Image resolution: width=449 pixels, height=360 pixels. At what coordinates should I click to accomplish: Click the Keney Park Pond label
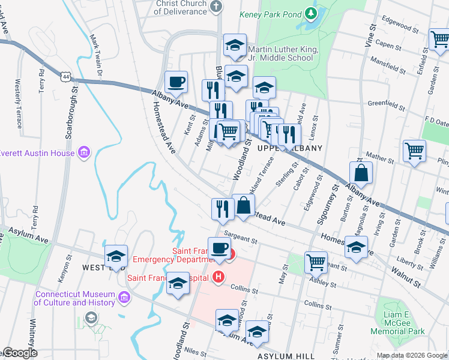(270, 13)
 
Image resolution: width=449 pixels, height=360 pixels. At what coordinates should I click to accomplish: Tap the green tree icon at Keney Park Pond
(310, 13)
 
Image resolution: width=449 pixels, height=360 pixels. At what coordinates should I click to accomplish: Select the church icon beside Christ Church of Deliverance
(216, 5)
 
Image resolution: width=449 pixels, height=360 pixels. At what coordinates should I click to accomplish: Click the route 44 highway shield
(65, 76)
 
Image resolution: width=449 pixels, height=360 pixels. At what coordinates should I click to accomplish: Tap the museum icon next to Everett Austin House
(83, 152)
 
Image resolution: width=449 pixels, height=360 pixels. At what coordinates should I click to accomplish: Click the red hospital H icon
(218, 277)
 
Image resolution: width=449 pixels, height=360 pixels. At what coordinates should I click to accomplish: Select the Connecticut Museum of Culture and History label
(74, 298)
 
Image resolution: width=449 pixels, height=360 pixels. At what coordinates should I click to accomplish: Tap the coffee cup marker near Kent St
(176, 82)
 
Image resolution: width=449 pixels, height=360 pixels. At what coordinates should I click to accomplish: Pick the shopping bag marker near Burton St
(363, 173)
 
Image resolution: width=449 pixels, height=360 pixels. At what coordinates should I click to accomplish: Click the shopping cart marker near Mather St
(414, 151)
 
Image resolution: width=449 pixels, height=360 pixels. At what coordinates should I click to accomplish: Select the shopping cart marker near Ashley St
(315, 262)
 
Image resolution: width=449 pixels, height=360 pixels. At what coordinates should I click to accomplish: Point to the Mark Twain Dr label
(96, 58)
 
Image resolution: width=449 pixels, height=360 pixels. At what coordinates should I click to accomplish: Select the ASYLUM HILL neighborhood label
(286, 356)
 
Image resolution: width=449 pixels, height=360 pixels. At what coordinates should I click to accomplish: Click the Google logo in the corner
(19, 353)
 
